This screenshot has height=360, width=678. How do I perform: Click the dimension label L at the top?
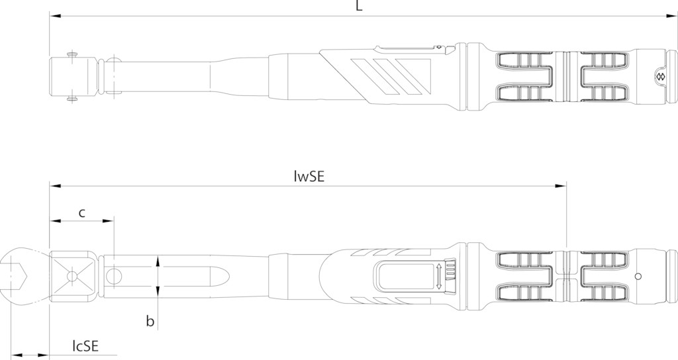tap(359, 5)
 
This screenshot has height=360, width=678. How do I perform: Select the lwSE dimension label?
tap(309, 177)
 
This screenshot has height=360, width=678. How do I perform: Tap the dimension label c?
tap(81, 212)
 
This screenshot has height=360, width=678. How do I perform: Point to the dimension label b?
tap(150, 321)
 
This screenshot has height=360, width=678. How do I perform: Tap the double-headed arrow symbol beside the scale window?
tap(439, 276)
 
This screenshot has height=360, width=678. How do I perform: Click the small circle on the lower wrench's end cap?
tap(638, 276)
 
